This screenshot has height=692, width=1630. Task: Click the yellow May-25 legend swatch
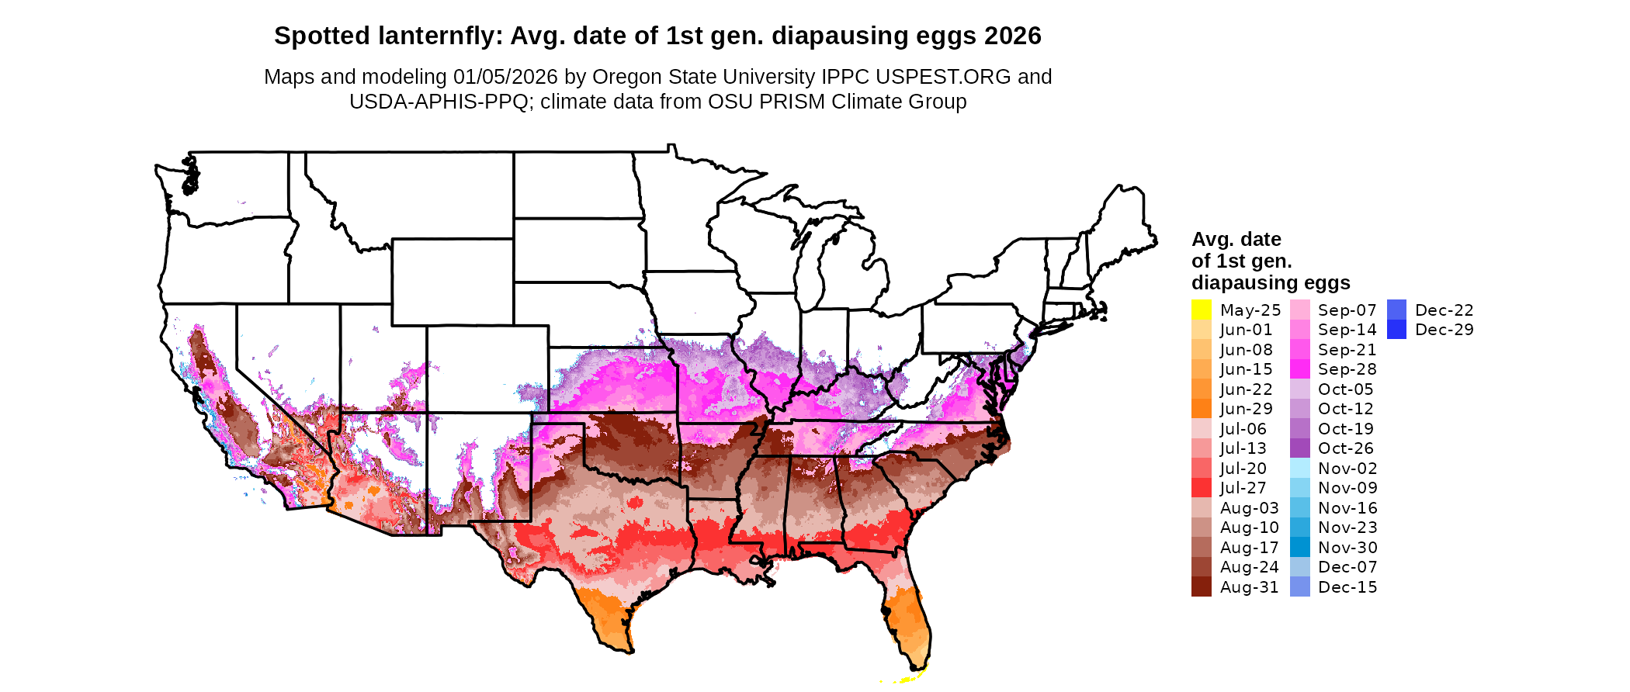(1201, 310)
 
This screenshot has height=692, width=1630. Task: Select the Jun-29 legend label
(1246, 409)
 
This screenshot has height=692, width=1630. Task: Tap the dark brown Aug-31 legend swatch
(1201, 587)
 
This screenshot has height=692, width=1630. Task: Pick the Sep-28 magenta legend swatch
(1299, 369)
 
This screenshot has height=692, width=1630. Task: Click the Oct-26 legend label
(1345, 448)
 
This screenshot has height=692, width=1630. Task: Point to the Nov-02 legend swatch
(1299, 469)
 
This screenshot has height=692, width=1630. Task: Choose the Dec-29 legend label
(1444, 330)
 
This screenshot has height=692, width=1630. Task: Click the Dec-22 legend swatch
(1396, 310)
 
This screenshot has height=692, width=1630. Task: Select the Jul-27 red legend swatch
(1201, 488)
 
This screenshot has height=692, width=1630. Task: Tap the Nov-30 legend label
(1347, 548)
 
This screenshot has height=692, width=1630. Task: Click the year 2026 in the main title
(1012, 36)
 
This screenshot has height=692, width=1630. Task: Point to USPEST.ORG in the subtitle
(943, 77)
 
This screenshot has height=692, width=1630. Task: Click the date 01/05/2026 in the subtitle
(505, 77)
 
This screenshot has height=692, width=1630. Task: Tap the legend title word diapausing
(1271, 282)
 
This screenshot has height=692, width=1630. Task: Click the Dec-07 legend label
(1347, 567)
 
